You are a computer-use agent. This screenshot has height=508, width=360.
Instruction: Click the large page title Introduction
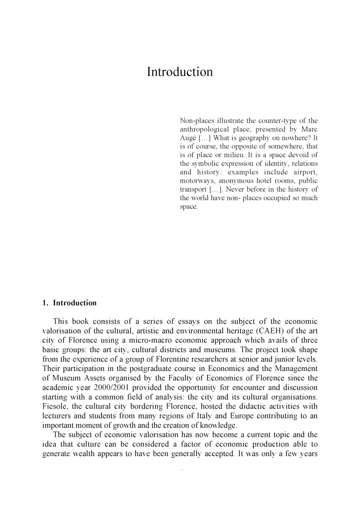point(180,72)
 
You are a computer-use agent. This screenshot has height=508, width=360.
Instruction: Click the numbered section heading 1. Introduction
point(69,303)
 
